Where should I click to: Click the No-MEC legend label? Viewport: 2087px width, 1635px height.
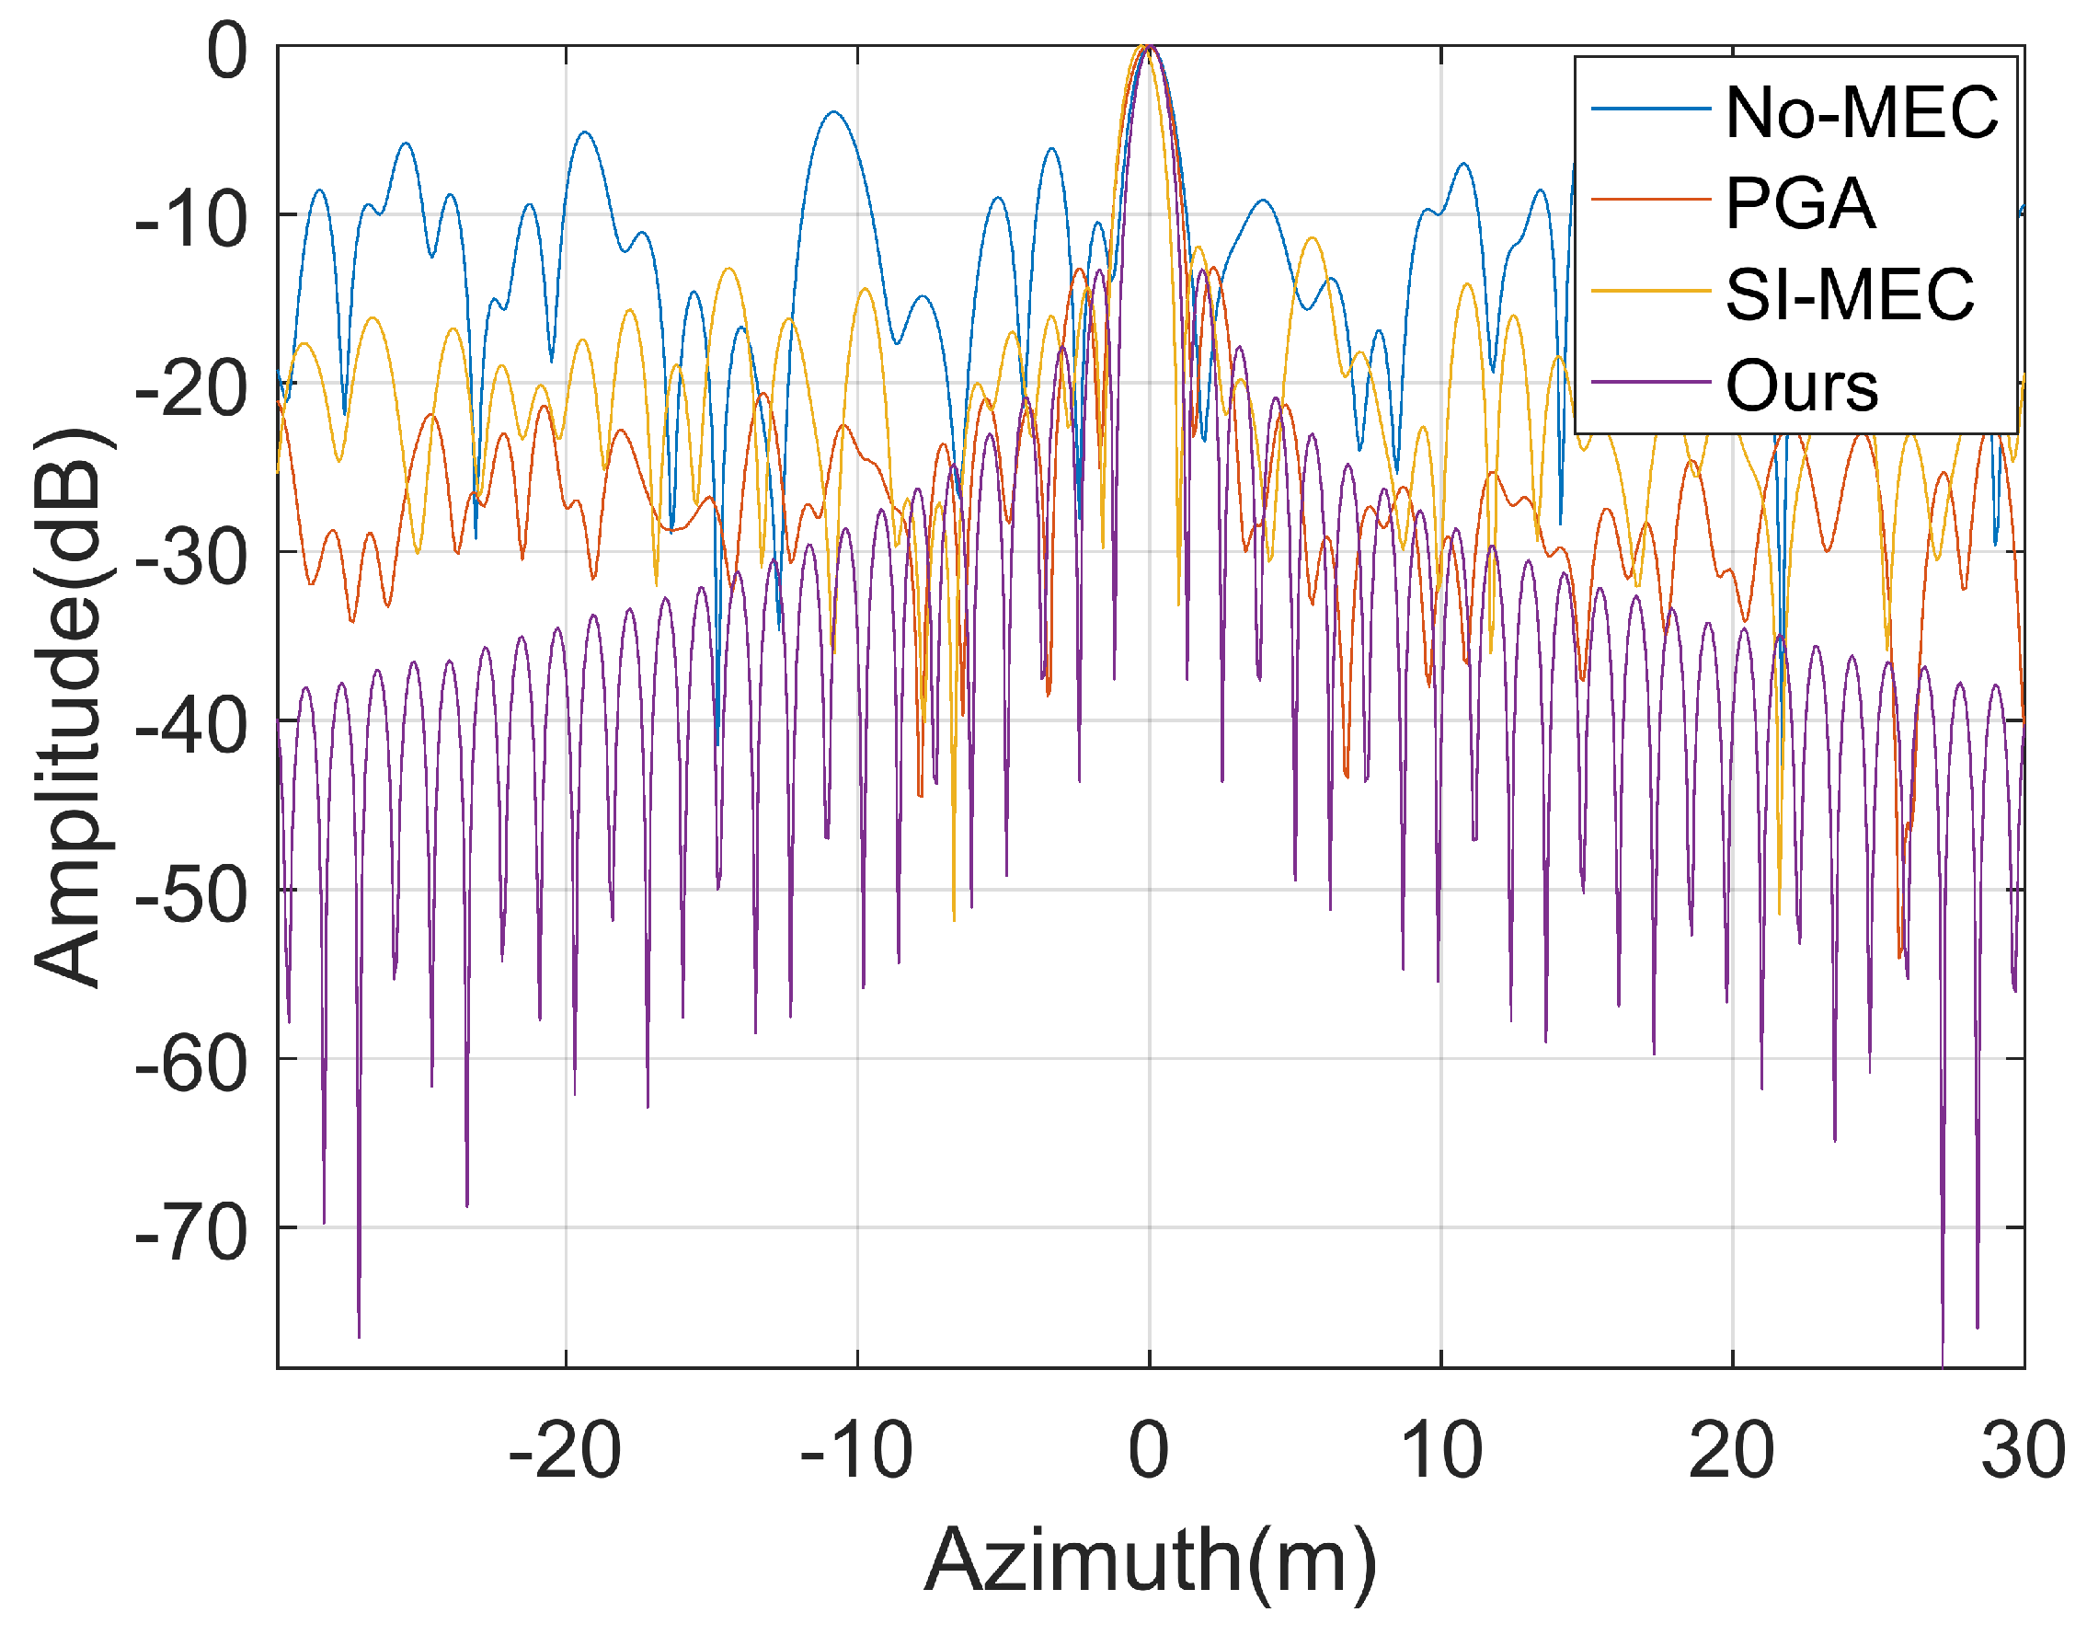click(1861, 113)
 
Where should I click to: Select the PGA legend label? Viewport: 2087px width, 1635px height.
click(1800, 203)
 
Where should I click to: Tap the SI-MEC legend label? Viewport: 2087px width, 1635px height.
click(1849, 294)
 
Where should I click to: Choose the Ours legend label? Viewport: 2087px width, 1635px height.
click(1802, 386)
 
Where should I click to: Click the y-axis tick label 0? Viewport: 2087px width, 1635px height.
click(228, 50)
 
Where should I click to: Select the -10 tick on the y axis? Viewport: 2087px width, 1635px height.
click(191, 219)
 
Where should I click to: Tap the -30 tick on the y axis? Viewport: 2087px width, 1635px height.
click(191, 558)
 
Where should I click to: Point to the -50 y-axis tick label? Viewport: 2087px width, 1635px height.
click(191, 895)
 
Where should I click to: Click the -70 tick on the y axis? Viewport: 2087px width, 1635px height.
click(191, 1233)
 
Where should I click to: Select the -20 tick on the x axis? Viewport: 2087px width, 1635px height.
click(565, 1450)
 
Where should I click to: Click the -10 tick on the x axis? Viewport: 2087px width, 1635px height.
click(856, 1450)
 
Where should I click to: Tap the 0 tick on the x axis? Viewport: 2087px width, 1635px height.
click(1148, 1450)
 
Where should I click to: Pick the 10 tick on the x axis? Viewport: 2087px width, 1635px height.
click(1441, 1450)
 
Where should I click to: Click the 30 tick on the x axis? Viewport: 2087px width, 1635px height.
click(2021, 1450)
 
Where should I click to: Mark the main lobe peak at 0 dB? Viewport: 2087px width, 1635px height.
click(1148, 46)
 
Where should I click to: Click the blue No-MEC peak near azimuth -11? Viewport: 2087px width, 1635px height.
click(834, 112)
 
